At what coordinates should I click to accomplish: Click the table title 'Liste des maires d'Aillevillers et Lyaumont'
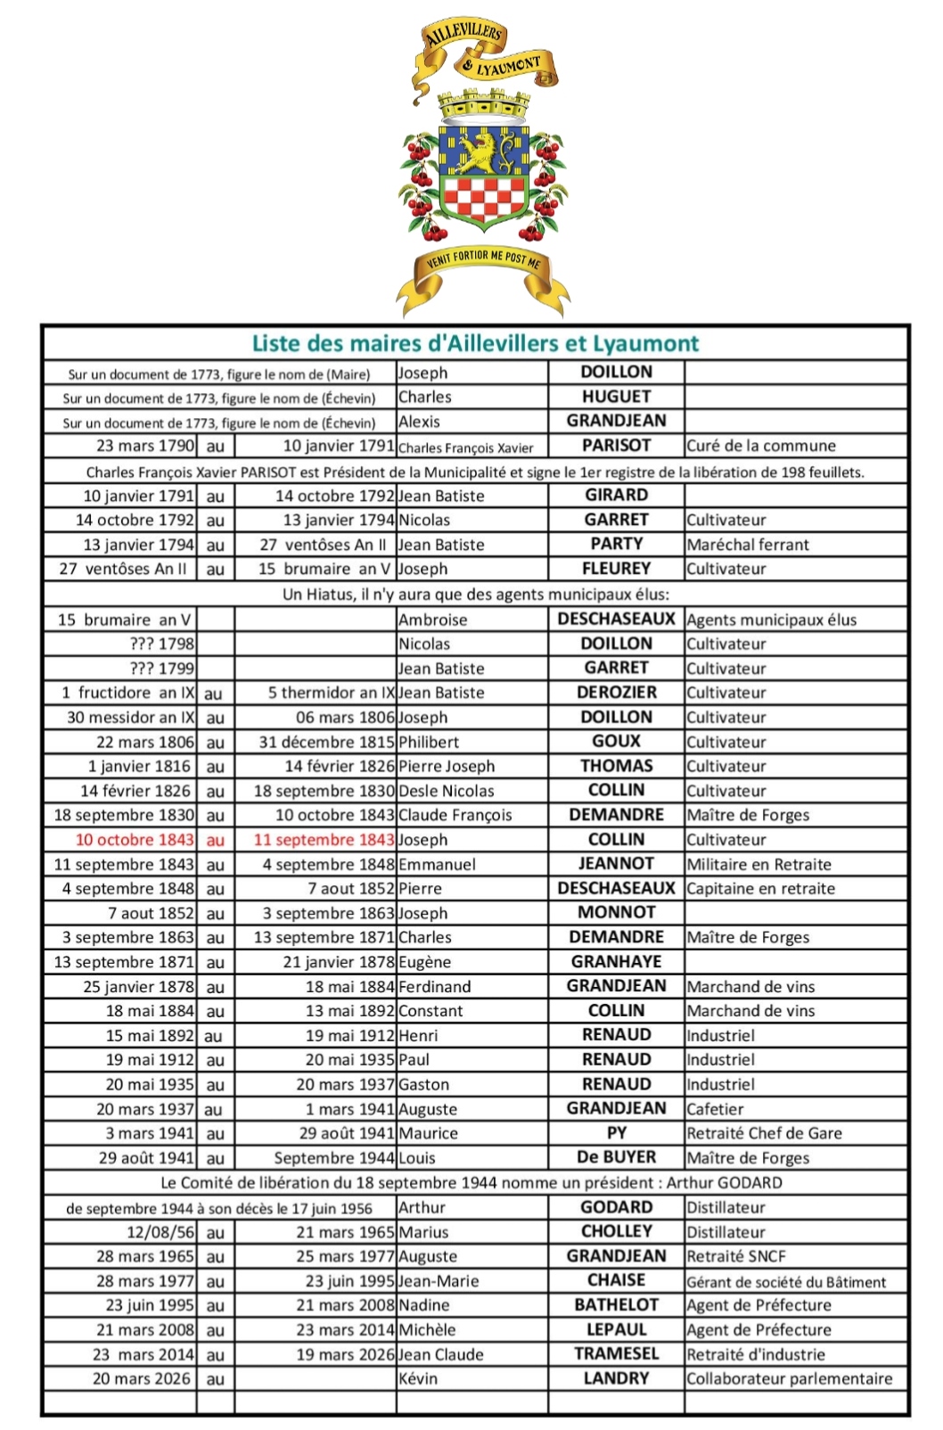click(x=475, y=343)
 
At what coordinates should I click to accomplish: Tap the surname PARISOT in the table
click(x=616, y=445)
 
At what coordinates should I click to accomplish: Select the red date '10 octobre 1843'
click(x=135, y=840)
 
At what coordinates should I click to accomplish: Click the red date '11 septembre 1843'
click(x=324, y=840)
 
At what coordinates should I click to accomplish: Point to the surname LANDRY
click(x=616, y=1378)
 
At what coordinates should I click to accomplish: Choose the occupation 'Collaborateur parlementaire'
click(x=789, y=1378)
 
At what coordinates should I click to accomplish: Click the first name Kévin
click(x=418, y=1378)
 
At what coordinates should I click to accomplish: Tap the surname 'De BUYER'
click(x=616, y=1157)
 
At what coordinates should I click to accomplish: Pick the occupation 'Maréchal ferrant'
click(x=748, y=544)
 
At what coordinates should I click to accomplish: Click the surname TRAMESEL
click(x=616, y=1353)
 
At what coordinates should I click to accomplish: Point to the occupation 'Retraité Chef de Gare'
click(x=764, y=1133)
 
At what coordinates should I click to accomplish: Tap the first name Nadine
click(x=423, y=1305)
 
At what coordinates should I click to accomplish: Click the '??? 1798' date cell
click(x=162, y=644)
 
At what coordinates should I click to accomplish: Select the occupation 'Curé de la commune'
click(x=760, y=446)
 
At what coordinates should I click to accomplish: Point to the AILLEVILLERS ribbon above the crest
click(x=463, y=38)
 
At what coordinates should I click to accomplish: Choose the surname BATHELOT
click(x=616, y=1305)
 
